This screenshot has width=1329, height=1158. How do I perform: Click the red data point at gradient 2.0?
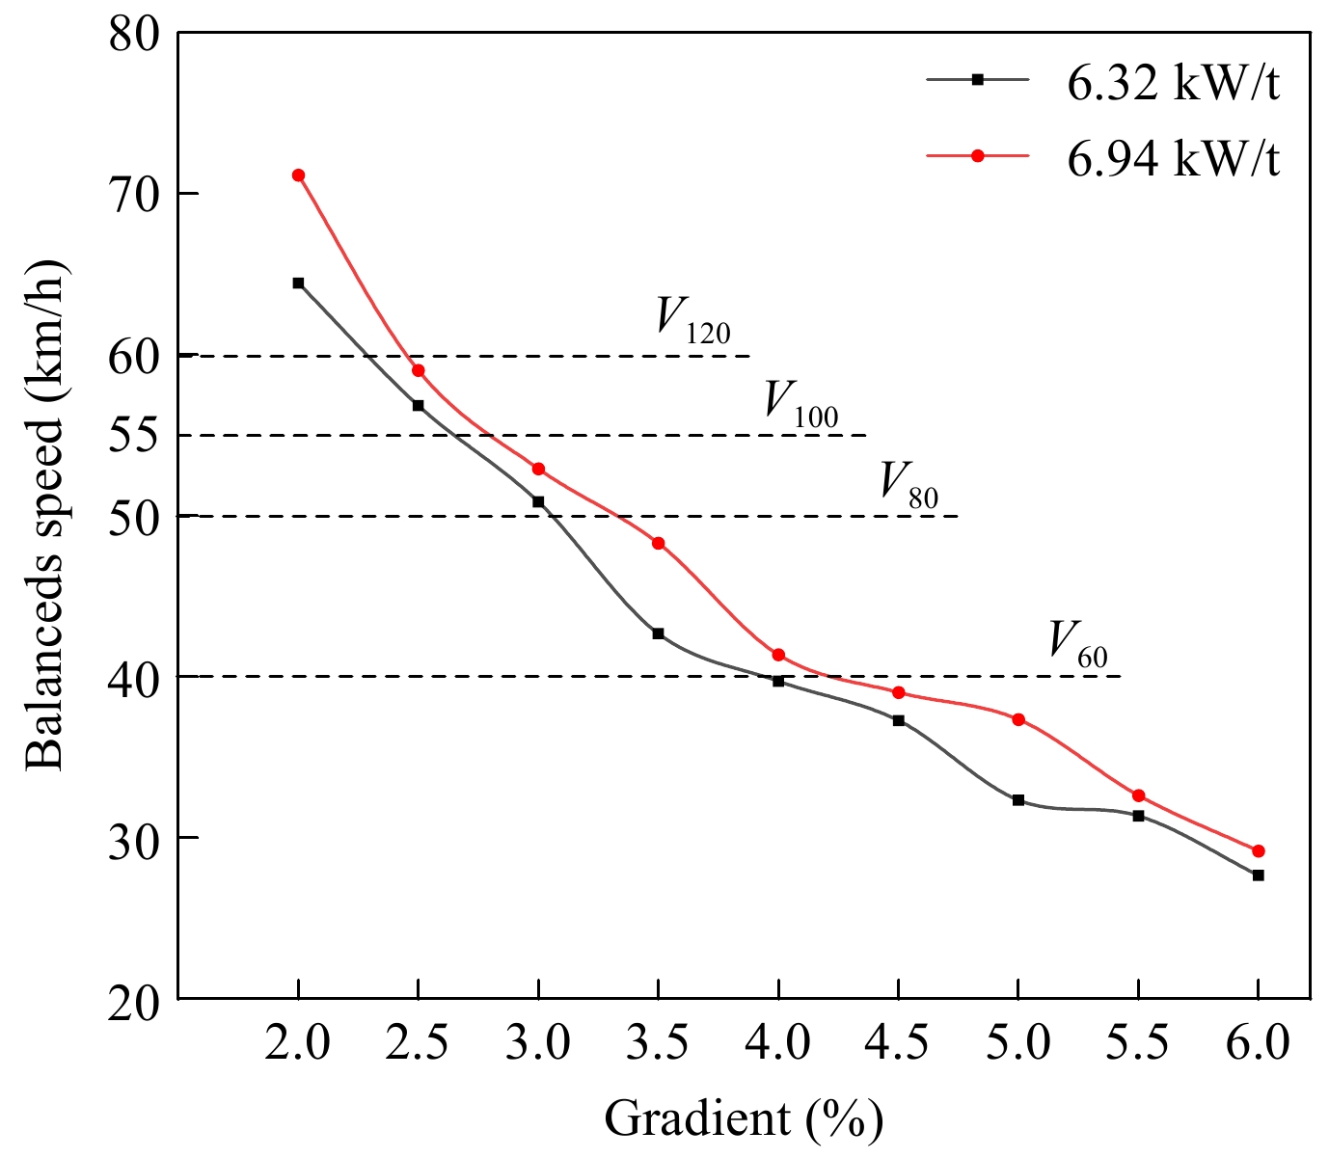pyautogui.click(x=298, y=175)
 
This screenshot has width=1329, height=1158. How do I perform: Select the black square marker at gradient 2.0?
pyautogui.click(x=298, y=283)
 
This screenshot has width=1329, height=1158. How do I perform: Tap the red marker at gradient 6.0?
pyautogui.click(x=1258, y=851)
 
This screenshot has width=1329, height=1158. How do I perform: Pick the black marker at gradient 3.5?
pyautogui.click(x=658, y=633)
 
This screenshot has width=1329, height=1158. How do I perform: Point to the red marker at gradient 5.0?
pyautogui.click(x=1018, y=719)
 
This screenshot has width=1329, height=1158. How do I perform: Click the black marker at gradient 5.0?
pyautogui.click(x=1018, y=800)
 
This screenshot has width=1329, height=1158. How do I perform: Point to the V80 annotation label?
pyautogui.click(x=908, y=483)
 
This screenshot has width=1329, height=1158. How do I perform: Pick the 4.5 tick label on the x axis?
pyautogui.click(x=898, y=1044)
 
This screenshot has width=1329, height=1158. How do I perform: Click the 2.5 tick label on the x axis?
pyautogui.click(x=418, y=1044)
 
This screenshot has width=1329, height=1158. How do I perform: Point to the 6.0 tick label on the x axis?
pyautogui.click(x=1258, y=1044)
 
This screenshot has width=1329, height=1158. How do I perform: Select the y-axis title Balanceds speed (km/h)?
pyautogui.click(x=45, y=516)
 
